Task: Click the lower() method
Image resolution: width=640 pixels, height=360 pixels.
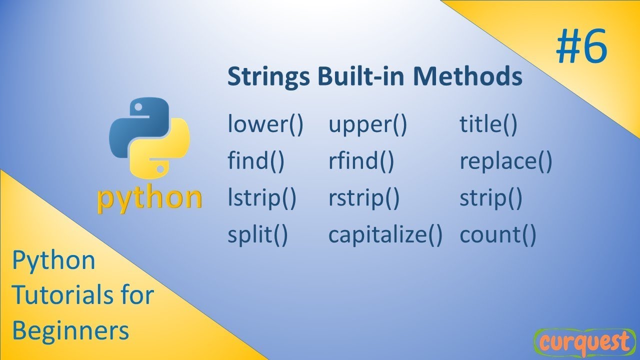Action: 265,125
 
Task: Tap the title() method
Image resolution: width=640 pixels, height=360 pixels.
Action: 488,125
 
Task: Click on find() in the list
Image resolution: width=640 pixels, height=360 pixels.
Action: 256,162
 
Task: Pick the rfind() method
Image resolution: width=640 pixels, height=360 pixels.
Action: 361,162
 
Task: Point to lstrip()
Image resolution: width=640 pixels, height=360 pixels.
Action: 262,199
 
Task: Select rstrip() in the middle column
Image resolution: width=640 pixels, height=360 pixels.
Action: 364,199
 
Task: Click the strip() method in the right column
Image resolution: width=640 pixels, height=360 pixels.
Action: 490,199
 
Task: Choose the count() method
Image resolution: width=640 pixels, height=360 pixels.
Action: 497,235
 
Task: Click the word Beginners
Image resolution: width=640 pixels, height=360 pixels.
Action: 70,330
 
